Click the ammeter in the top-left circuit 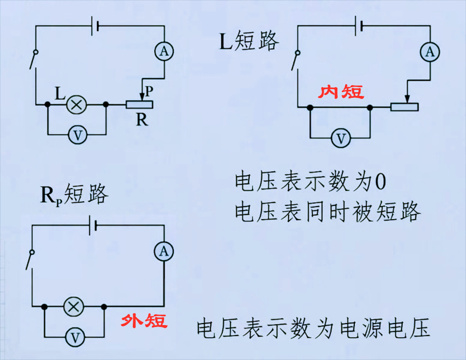tap(164, 51)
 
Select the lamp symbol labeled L tap(76, 105)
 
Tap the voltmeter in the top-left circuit tap(77, 135)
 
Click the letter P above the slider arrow tap(149, 91)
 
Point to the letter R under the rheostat tap(142, 120)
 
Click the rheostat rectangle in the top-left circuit tap(139, 105)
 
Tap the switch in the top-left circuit tap(34, 60)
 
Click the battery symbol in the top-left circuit tap(95, 26)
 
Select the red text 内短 tap(341, 91)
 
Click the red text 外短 tap(144, 321)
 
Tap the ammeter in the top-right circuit tap(430, 52)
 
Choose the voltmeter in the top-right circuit tap(341, 138)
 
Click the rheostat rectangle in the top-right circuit tap(404, 107)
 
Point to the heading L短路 tap(249, 41)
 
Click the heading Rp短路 tap(74, 194)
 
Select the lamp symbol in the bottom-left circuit tap(74, 306)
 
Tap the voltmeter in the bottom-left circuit tap(75, 338)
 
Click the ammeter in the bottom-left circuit tap(164, 251)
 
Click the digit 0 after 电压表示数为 tap(380, 182)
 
